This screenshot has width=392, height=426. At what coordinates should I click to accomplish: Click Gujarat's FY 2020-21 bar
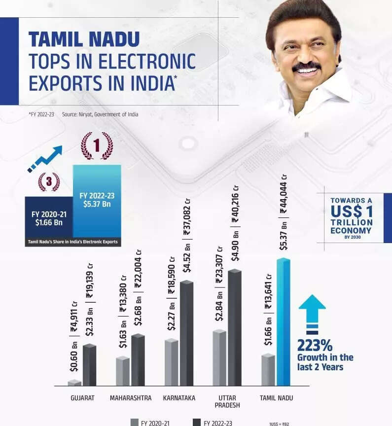74,383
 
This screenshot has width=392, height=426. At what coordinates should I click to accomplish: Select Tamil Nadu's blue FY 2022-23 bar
283,323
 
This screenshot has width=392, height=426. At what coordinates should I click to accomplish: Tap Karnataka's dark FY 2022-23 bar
187,333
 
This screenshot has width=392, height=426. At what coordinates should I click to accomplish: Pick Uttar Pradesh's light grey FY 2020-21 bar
219,358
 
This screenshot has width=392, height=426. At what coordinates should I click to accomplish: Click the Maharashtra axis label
131,398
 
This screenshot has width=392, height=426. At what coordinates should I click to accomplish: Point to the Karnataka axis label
179,398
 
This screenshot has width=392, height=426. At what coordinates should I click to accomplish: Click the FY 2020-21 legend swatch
134,423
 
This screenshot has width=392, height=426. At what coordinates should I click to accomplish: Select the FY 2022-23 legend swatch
196,423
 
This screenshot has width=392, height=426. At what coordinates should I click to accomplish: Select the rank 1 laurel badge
97,146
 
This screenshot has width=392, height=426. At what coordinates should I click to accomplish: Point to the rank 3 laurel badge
49,182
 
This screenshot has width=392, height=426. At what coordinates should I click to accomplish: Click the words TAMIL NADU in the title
84,39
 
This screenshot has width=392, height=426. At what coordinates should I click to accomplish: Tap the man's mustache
306,66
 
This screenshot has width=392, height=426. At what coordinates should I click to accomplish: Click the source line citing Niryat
100,114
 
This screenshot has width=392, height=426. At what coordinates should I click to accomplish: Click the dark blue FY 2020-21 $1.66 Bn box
49,218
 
